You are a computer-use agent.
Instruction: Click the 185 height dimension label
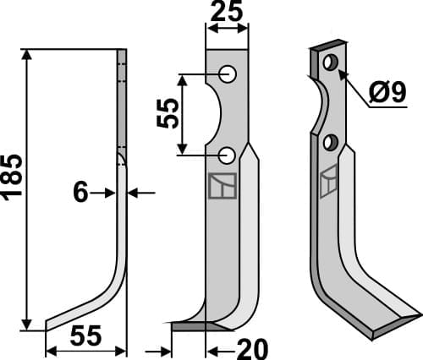click(13, 188)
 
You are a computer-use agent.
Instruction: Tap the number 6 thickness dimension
click(80, 193)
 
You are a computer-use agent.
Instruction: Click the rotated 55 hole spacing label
click(168, 113)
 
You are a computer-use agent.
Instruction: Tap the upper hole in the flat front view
click(228, 74)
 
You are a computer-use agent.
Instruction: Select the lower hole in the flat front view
click(227, 155)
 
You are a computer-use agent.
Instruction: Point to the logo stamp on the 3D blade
click(328, 182)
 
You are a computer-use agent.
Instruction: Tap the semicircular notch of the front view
click(213, 115)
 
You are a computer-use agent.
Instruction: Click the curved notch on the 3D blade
click(319, 106)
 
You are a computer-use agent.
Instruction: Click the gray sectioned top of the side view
click(122, 101)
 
